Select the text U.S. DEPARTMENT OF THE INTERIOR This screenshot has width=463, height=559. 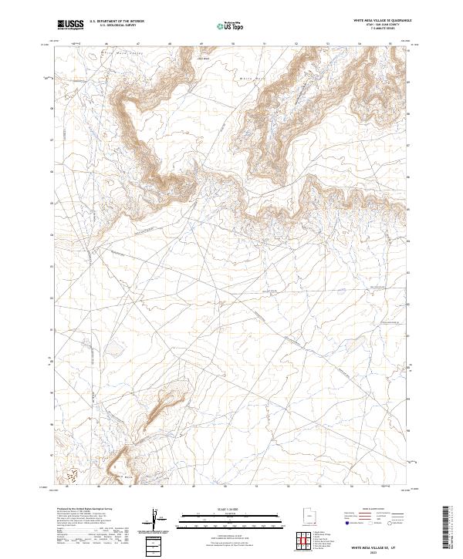click(117, 22)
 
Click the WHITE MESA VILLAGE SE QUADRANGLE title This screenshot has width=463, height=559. click(382, 20)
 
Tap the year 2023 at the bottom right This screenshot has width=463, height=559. click(377, 552)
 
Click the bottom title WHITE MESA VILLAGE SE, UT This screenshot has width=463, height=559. click(376, 547)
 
